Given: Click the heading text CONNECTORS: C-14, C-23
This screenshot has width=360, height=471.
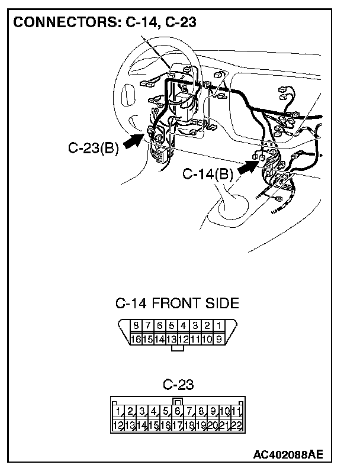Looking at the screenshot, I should tap(105, 22).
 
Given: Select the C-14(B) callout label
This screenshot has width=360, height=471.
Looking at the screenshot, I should tap(208, 174).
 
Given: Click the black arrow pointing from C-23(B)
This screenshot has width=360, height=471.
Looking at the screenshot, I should tap(135, 141).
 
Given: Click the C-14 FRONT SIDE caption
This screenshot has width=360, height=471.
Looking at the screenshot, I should tap(178, 304).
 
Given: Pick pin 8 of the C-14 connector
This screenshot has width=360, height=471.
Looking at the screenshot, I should tap(136, 325).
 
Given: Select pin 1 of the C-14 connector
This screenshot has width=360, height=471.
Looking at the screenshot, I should tap(219, 325).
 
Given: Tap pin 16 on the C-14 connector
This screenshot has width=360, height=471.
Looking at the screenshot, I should tap(136, 339).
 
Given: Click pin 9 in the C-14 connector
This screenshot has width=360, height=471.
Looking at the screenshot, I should tap(219, 339).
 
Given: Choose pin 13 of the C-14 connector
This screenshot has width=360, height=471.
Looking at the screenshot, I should tap(172, 339).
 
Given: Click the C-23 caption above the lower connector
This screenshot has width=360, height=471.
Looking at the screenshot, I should tap(178, 385).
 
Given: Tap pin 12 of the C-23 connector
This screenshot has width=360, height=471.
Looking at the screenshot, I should tap(119, 425).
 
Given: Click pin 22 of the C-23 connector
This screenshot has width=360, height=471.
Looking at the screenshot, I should tap(236, 425).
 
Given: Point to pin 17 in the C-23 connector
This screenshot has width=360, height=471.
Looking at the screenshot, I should tap(178, 425).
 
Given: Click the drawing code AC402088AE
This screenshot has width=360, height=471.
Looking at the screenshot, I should tap(288, 455).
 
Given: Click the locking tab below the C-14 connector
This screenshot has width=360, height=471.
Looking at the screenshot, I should tap(177, 349).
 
